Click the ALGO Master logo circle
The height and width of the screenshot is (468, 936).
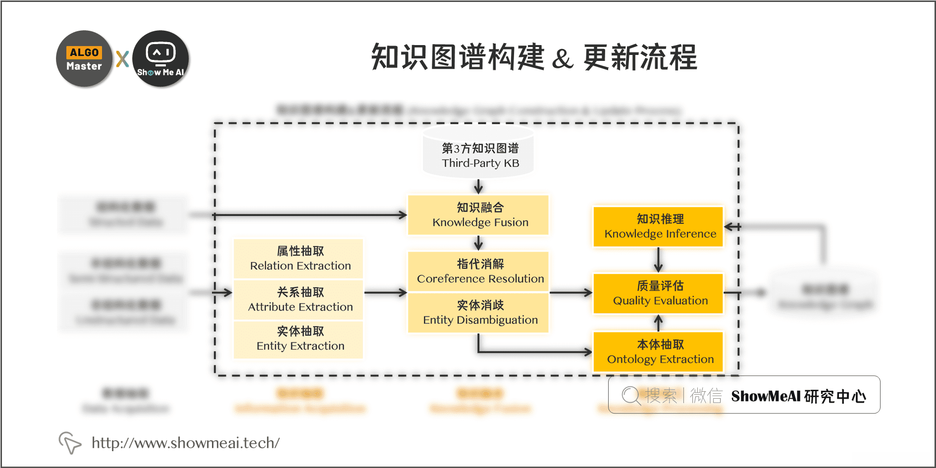84,59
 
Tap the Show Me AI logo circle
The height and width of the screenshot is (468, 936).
160,59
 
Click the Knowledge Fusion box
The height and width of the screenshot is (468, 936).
478,215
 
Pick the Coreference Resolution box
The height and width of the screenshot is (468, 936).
478,271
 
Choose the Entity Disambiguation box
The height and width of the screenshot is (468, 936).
478,312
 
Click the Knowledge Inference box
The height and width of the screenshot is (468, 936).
658,226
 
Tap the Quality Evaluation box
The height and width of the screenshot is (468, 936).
658,293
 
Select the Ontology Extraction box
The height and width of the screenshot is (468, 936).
658,352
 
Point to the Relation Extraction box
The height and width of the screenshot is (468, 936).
299,259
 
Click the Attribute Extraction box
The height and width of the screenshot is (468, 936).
299,300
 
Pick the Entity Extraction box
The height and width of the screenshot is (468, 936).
299,339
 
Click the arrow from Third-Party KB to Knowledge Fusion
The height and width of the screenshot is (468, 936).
478,186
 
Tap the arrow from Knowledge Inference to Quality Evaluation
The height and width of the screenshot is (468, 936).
658,260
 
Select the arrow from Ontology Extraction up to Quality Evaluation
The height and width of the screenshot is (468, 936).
658,323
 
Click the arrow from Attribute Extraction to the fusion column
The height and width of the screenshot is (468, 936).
385,293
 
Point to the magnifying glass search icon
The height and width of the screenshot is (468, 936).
631,396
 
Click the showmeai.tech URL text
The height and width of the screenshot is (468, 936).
186,443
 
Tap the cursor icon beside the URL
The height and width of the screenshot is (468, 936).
70,442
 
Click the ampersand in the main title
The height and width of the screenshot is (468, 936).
563,59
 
